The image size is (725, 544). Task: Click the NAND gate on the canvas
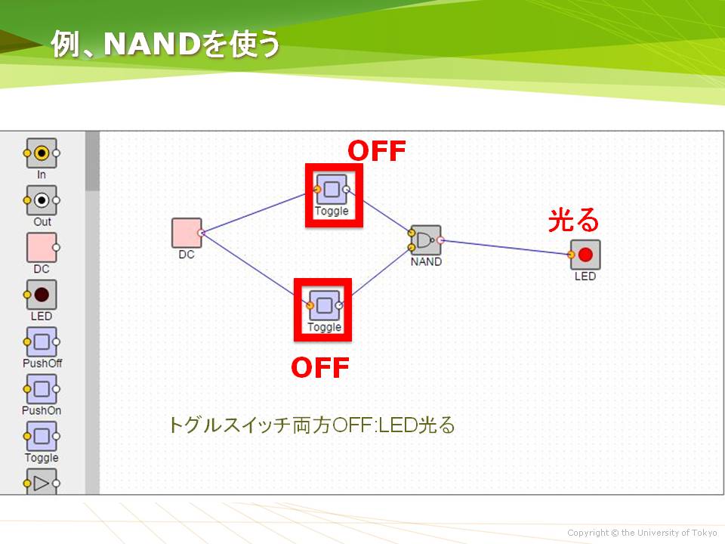click(426, 240)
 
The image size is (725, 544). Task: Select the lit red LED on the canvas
click(585, 255)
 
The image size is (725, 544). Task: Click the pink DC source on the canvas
click(187, 233)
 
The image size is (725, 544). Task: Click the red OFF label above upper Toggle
click(376, 151)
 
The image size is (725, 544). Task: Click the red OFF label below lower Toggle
click(320, 368)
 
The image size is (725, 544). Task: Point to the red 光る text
click(573, 220)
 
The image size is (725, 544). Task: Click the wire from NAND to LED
click(505, 248)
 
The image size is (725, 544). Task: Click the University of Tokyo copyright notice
click(642, 533)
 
